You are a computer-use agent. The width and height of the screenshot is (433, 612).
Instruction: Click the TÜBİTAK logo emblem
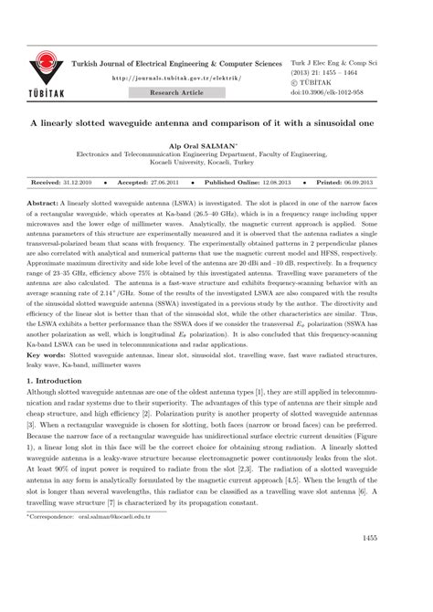[x=43, y=67]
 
